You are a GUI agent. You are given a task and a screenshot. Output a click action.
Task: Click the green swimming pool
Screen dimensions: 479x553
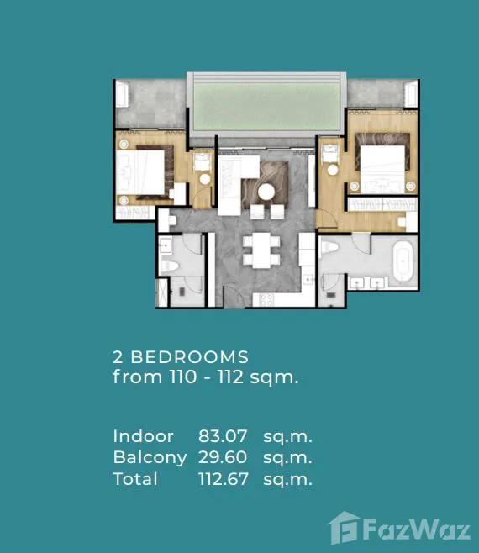click(x=266, y=106)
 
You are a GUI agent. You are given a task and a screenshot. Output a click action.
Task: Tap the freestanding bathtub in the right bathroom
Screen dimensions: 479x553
click(x=403, y=261)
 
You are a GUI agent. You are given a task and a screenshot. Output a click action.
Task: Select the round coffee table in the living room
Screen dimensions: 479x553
click(x=266, y=192)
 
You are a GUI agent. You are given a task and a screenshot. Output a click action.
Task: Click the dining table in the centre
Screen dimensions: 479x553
click(x=261, y=250)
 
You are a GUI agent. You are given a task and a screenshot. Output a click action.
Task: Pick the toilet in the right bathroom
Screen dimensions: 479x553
click(x=329, y=246)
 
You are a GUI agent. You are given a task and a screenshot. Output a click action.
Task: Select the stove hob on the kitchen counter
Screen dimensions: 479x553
click(x=266, y=300)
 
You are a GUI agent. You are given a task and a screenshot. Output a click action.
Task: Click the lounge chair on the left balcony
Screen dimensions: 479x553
click(x=122, y=94)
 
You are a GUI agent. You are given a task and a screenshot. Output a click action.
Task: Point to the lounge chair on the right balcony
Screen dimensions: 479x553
click(x=411, y=94)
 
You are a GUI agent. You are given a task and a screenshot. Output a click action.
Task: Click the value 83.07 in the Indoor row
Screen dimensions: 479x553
click(x=223, y=436)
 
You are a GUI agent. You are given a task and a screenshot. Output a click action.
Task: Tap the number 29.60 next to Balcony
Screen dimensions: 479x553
click(x=223, y=457)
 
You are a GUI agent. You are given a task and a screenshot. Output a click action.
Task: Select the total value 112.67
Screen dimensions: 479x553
click(x=224, y=479)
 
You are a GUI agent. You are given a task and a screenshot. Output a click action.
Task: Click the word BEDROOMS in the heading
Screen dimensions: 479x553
click(x=190, y=357)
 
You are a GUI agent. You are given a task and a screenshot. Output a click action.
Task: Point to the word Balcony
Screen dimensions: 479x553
click(x=150, y=458)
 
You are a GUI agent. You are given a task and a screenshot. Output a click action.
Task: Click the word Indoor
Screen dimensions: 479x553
click(x=143, y=436)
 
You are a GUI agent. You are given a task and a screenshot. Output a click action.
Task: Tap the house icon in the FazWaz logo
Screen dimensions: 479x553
click(x=344, y=528)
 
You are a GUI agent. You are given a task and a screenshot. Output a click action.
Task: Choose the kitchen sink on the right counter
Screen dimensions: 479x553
click(x=308, y=279)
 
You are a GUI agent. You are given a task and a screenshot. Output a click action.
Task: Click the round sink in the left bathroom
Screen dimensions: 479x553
click(x=166, y=245)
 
